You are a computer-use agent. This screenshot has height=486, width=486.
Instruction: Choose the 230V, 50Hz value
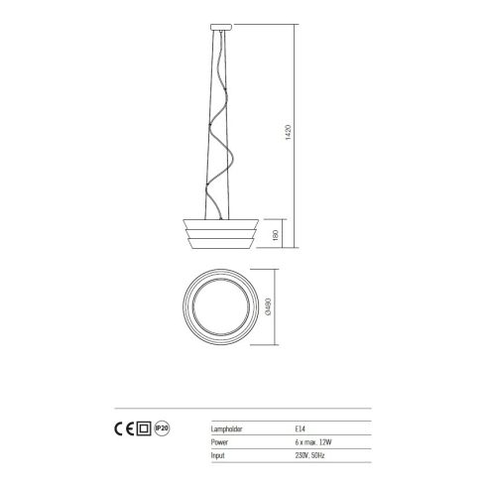point(315,454)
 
